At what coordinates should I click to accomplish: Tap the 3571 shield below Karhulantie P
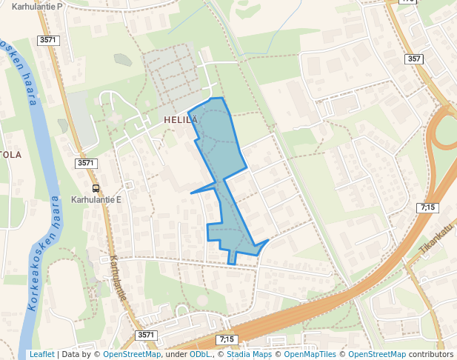(x=48, y=39)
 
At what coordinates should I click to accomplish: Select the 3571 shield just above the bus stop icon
(x=86, y=163)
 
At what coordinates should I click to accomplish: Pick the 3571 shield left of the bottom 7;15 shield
(x=147, y=336)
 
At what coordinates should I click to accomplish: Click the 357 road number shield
(x=414, y=59)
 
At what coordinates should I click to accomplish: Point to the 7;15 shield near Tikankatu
(x=427, y=208)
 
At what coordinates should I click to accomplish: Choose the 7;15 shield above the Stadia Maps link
(x=227, y=339)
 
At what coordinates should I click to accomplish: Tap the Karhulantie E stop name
(x=96, y=199)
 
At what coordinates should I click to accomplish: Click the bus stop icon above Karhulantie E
(x=96, y=188)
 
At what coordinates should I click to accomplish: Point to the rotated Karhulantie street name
(x=119, y=278)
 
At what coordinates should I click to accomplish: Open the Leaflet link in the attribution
(x=41, y=354)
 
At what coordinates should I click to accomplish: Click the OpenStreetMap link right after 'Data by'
(x=131, y=354)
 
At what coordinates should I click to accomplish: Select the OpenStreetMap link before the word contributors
(x=376, y=354)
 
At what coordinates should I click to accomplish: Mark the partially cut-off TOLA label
(x=10, y=155)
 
